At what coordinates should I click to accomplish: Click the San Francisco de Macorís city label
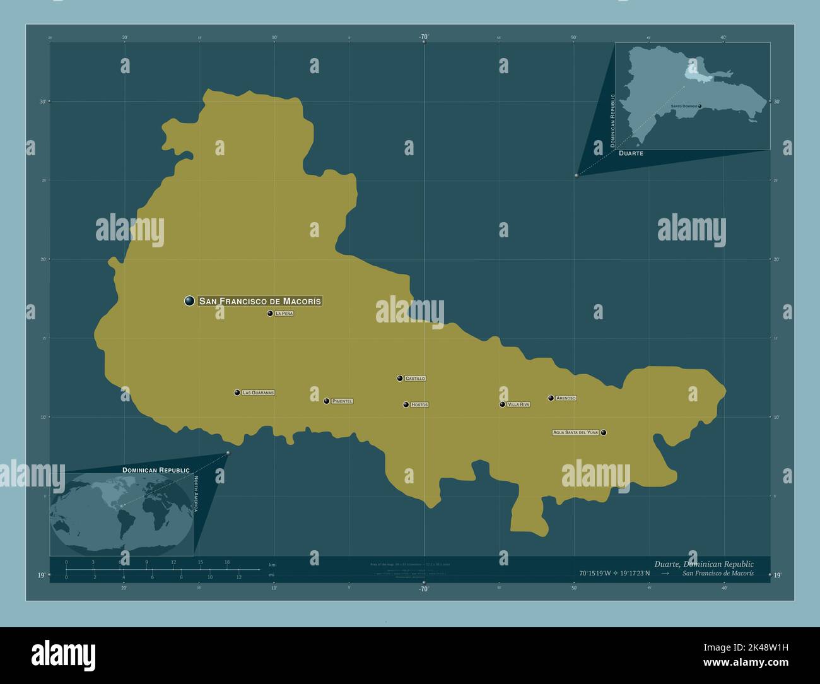(260, 301)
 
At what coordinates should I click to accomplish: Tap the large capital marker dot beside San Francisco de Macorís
(189, 301)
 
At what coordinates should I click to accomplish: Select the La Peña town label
(284, 313)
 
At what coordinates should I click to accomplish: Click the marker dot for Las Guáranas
(237, 392)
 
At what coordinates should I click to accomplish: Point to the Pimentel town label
(343, 401)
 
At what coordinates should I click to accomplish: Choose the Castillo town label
(415, 379)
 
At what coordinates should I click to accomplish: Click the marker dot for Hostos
(406, 404)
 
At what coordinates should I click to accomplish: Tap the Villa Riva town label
(518, 404)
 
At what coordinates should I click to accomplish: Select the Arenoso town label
(566, 398)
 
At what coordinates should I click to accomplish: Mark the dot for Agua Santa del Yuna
(604, 432)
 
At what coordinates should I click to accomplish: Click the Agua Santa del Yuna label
(575, 432)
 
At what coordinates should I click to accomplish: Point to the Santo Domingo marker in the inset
(700, 106)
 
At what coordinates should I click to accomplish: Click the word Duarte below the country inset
(631, 153)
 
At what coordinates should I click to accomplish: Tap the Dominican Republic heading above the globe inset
(156, 470)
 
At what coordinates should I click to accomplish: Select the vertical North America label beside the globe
(196, 494)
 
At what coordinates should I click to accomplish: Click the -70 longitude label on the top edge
(423, 37)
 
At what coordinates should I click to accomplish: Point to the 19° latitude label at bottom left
(41, 575)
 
